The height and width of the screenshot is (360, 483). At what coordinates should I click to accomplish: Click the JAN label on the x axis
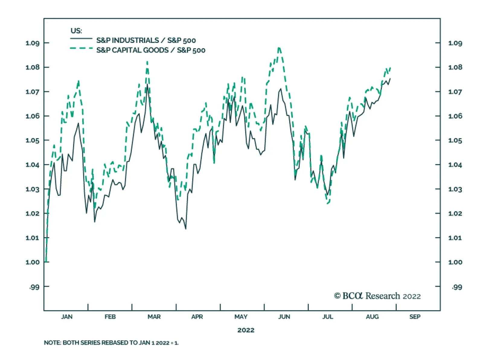point(67,317)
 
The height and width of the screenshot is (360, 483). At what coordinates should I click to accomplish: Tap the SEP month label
point(415,317)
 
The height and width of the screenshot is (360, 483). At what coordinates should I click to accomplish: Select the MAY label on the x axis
point(241,317)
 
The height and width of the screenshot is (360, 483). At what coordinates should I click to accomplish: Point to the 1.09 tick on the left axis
point(33,43)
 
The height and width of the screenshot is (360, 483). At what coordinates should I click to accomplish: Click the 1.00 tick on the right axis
point(455,262)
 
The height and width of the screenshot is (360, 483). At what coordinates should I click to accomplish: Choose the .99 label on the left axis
point(34,287)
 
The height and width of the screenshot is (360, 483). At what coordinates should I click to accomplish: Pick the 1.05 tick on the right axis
point(455,140)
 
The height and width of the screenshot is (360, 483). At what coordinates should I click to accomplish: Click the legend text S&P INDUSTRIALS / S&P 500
point(146,40)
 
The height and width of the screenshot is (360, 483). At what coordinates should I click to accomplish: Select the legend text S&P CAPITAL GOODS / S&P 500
point(151,50)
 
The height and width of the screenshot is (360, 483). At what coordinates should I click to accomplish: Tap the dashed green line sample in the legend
point(81,48)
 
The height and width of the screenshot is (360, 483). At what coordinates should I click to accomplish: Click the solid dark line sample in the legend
point(81,39)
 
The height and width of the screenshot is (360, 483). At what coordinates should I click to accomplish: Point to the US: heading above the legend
point(76,31)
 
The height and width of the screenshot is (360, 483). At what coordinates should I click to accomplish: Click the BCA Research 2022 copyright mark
point(377,296)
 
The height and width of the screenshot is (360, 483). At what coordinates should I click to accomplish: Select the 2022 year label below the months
point(246,330)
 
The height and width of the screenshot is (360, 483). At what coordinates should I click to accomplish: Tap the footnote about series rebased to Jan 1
point(111,343)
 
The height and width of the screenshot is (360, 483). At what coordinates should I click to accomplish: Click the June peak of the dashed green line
point(279,48)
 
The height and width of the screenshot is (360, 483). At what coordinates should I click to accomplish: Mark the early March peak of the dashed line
point(147,62)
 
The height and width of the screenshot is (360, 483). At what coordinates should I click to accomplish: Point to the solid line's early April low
point(186,229)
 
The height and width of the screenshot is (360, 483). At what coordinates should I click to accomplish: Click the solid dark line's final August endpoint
point(390,79)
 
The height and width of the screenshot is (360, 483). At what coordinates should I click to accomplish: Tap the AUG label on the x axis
point(372,317)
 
